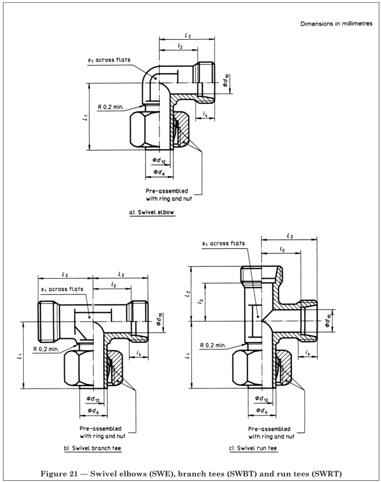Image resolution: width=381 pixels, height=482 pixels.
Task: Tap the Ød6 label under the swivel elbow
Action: (x=157, y=171)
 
